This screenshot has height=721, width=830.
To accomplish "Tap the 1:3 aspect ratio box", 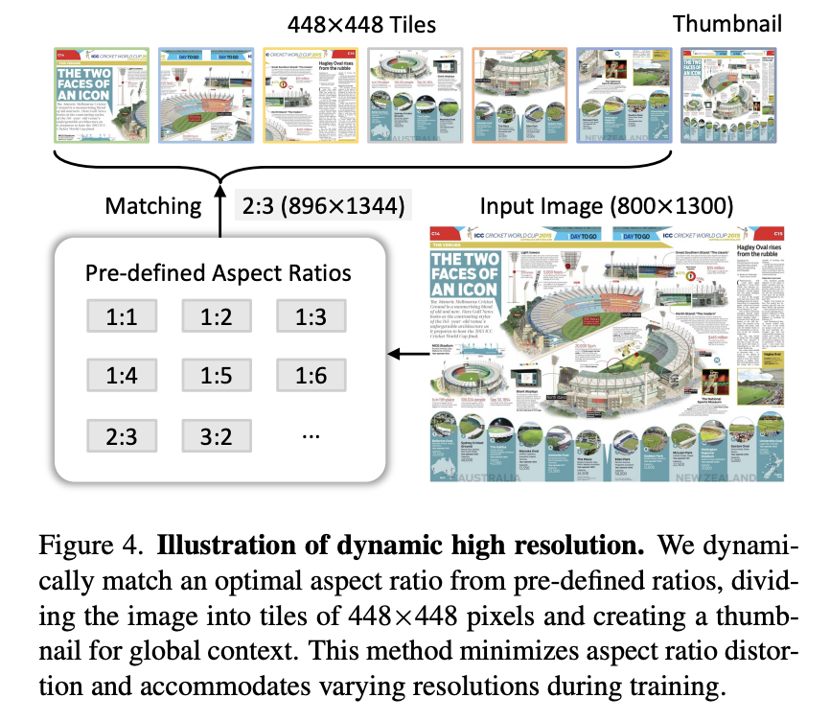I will [310, 316].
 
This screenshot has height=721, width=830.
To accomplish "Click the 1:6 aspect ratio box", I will [310, 376].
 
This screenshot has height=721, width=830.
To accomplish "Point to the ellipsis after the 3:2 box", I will [310, 434].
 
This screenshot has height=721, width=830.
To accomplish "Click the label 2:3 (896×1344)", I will [324, 206].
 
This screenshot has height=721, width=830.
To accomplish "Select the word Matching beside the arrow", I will [153, 206].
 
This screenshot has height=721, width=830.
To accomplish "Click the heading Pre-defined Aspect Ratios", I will [218, 272].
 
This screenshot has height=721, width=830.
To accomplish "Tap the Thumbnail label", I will [726, 24].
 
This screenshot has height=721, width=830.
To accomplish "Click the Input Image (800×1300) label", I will [606, 206].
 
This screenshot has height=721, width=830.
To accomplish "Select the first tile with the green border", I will [99, 96].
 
